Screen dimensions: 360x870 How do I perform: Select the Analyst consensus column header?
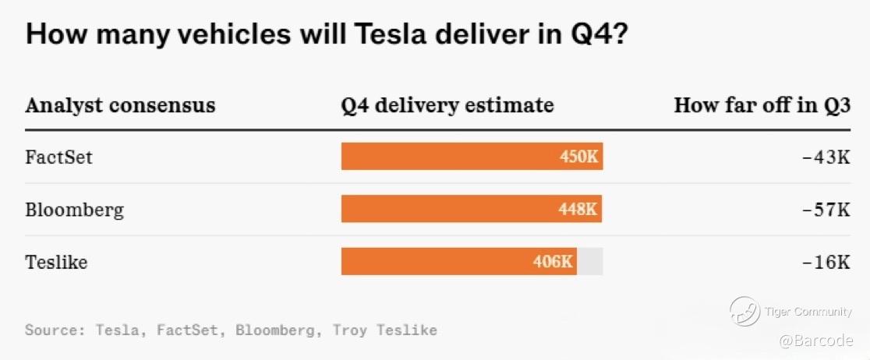[120, 105]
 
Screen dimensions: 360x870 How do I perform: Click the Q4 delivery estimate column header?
[447, 105]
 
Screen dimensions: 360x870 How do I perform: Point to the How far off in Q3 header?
[762, 105]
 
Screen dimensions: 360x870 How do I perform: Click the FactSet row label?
[58, 157]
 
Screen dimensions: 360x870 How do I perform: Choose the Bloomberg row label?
[74, 210]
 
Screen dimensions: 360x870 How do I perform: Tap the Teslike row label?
[56, 262]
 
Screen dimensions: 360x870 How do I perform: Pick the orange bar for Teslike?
[437, 262]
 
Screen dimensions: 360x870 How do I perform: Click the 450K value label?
[578, 157]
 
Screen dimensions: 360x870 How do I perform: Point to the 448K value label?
[578, 210]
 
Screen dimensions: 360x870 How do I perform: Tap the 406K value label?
[553, 262]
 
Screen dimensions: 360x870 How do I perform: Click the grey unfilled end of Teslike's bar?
[590, 262]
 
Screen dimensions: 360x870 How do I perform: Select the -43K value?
[826, 157]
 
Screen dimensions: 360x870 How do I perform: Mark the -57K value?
[826, 210]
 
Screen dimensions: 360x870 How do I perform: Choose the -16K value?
[826, 262]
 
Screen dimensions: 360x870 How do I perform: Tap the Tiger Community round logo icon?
[744, 312]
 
